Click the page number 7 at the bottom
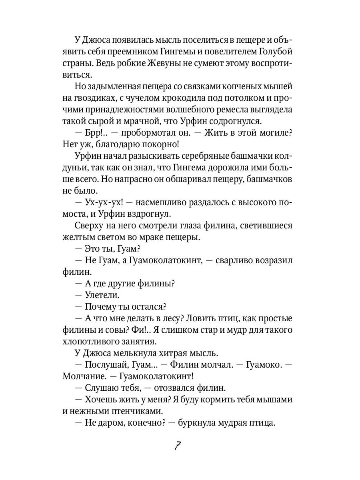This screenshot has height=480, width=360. coord(178,446)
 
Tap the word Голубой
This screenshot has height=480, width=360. coord(276,52)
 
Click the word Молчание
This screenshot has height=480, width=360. coord(83,376)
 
